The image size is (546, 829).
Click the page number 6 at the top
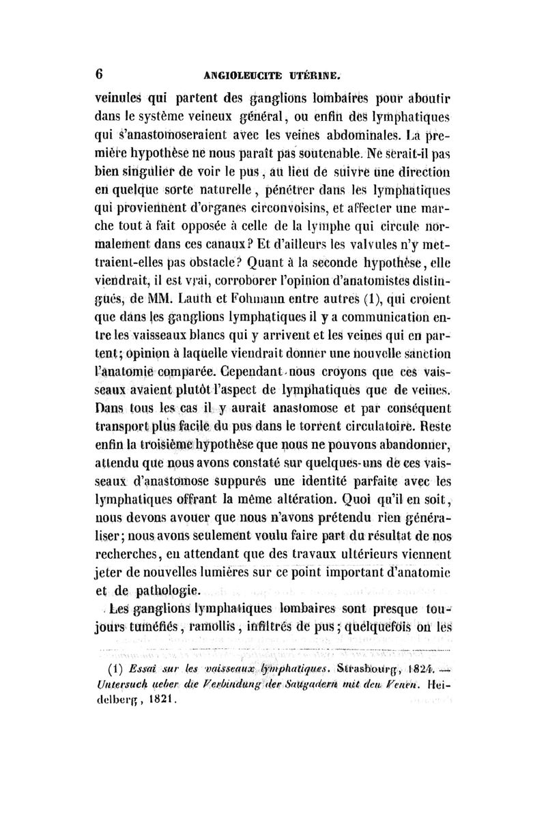tap(100, 73)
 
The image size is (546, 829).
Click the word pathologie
tap(169, 590)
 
